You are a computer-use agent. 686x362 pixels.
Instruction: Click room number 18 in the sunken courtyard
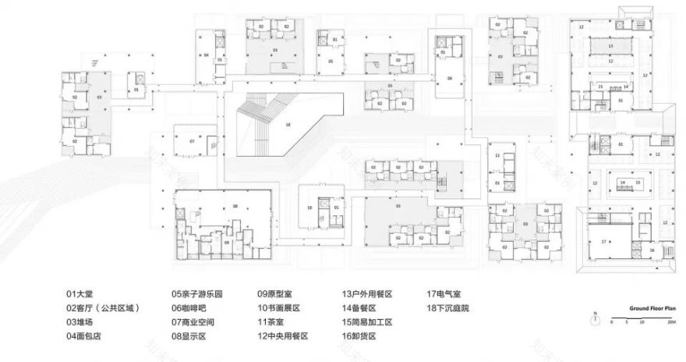click(x=288, y=124)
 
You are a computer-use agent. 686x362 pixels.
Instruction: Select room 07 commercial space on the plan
click(x=192, y=141)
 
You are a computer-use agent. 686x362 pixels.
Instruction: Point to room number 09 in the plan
click(x=227, y=241)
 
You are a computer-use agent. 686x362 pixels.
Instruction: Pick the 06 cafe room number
click(x=450, y=79)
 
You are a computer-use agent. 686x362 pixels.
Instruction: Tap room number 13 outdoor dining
click(x=612, y=47)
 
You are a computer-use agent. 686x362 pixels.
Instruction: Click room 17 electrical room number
click(x=603, y=243)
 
